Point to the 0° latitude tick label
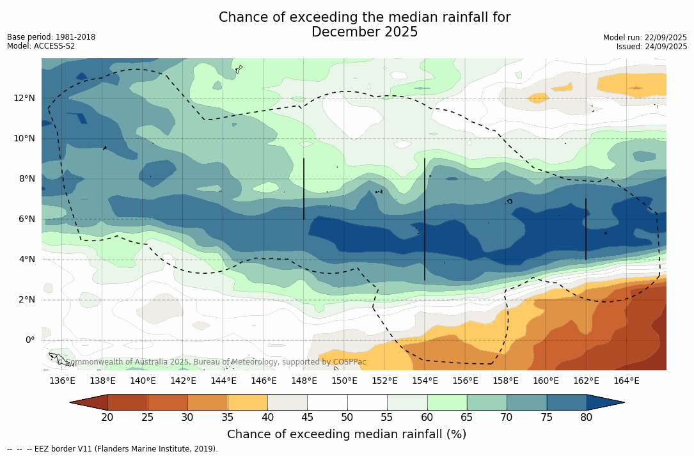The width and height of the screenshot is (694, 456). coord(29,340)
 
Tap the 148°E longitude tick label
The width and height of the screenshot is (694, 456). coord(304,381)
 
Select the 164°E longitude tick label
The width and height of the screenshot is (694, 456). coord(626,381)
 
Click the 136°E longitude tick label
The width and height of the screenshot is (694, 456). coord(62,381)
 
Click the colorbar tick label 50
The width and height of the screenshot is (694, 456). coord(347,418)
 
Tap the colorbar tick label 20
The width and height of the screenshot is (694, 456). coord(107,418)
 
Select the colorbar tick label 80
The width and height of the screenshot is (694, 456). coord(587,418)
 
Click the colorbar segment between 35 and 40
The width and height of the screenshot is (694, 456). coord(248,402)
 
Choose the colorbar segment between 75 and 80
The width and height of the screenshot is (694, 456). coord(567,402)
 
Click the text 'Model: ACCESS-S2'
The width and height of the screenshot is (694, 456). coord(41,46)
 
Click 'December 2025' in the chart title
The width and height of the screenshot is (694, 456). coord(365,32)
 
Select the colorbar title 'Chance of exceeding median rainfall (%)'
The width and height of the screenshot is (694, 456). coord(347,434)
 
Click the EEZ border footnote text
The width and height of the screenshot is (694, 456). coord(113,449)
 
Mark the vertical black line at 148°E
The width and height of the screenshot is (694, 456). coord(304,189)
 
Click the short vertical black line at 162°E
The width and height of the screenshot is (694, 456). coord(586,229)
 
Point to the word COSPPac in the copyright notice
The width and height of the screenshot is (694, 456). coord(350,362)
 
